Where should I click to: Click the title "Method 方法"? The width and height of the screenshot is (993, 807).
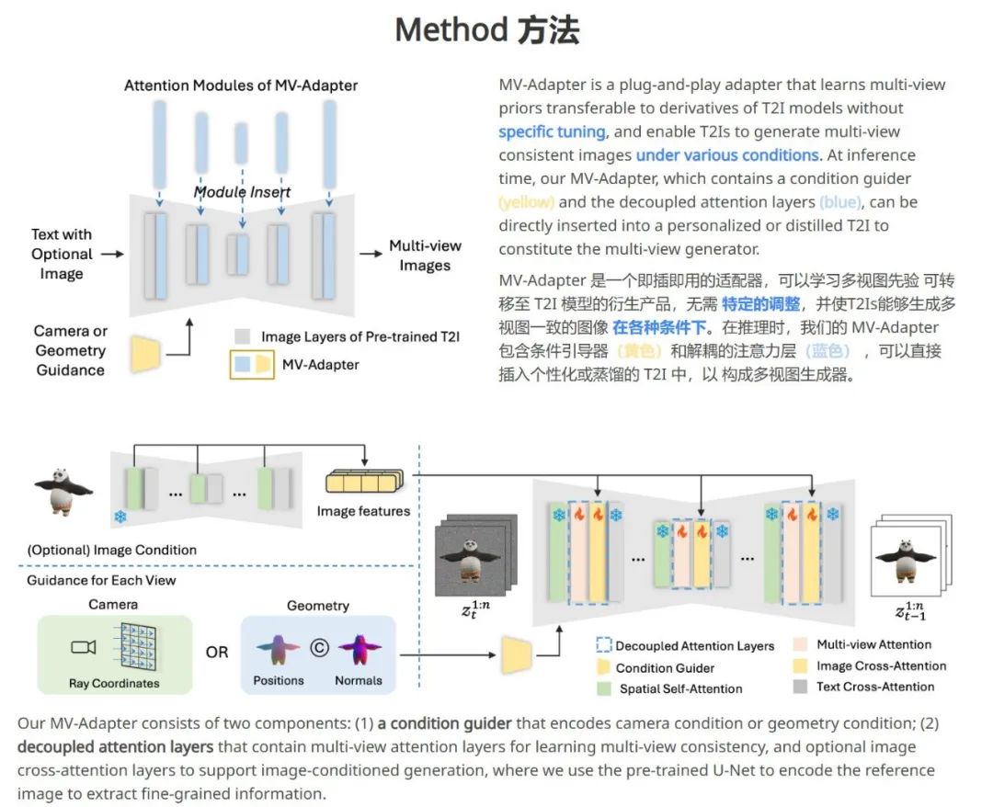tap(486, 30)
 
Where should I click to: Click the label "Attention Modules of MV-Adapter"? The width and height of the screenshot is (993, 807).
tap(241, 85)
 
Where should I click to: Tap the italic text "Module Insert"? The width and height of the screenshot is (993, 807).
tap(242, 192)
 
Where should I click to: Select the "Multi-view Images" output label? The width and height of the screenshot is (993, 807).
tap(425, 256)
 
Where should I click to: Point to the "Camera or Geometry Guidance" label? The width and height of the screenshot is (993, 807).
tap(70, 350)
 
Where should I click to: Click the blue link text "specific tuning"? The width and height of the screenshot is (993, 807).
tap(552, 131)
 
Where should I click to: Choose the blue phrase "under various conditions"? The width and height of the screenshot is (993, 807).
tap(726, 155)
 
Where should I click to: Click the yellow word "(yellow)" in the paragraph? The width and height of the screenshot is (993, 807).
tap(526, 202)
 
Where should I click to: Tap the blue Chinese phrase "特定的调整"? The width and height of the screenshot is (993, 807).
tap(761, 304)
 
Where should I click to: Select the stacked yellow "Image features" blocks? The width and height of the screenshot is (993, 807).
tap(364, 483)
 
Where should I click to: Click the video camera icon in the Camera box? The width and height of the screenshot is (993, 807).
tap(83, 647)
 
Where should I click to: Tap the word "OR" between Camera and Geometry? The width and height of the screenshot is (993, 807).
tap(217, 652)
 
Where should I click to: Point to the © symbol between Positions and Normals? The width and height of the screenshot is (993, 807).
tap(319, 647)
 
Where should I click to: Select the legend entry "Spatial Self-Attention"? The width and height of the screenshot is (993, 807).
tap(680, 688)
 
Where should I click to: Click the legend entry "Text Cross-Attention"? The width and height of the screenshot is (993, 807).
tap(874, 687)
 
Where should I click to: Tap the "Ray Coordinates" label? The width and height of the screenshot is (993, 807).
tap(114, 683)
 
